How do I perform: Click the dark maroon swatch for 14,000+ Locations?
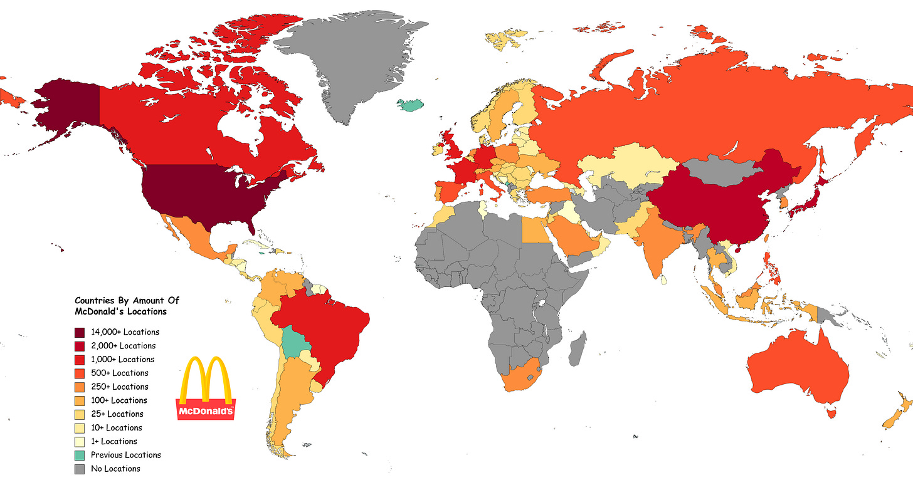(80, 332)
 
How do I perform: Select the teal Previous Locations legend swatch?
(80, 455)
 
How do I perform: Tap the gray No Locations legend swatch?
(80, 469)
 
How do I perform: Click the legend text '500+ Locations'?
(119, 373)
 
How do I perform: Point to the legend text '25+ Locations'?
(117, 414)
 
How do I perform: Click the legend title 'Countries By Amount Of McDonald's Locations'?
(127, 306)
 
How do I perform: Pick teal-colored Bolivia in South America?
(294, 342)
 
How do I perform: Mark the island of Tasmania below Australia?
(833, 412)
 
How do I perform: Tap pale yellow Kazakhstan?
(627, 166)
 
